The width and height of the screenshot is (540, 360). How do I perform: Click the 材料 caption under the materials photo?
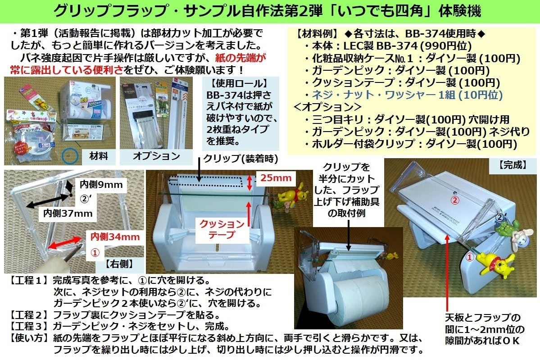99,156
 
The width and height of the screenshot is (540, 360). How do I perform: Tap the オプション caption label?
156,156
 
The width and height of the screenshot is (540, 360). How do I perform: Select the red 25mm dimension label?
276,178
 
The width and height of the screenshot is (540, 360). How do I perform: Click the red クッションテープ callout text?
222,229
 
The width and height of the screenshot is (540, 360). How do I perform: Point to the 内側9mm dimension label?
101,184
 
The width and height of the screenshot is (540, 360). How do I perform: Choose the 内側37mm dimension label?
68,213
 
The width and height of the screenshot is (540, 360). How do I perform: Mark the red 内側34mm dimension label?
115,237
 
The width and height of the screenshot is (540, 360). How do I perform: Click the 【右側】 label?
119,264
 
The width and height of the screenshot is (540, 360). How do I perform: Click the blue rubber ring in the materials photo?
70,156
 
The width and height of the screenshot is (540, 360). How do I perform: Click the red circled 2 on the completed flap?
455,200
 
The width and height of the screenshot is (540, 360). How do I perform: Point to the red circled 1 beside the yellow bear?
469,256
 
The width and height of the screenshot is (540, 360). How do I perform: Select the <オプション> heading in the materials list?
327,107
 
